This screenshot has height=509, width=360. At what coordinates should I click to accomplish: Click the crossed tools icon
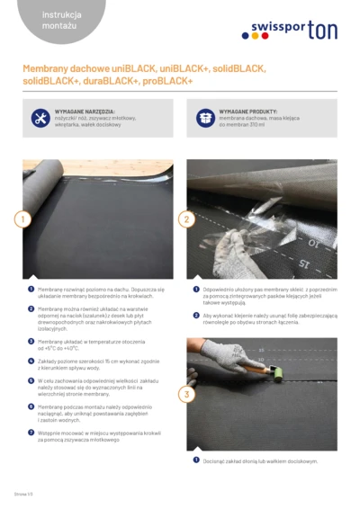tap(40, 118)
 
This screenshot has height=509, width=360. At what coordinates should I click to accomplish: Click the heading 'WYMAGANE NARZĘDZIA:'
tap(85, 111)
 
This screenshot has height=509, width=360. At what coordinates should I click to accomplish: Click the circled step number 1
tap(23, 219)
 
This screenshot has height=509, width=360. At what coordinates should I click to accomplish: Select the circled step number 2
tap(186, 219)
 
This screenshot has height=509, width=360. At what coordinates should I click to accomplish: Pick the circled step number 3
tap(186, 394)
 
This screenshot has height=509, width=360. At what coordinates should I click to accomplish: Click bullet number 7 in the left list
tap(31, 432)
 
